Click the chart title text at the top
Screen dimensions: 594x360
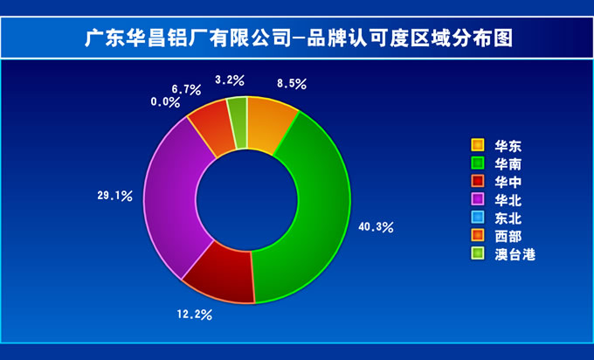tap(299, 38)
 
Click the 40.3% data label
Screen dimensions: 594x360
tap(376, 227)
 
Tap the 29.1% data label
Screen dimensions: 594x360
tap(114, 196)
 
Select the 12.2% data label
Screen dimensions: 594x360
tap(194, 315)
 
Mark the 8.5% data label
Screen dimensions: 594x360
tap(291, 83)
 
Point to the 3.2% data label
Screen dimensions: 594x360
tap(230, 80)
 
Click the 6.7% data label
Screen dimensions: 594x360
tap(186, 89)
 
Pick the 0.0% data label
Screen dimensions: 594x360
tap(165, 102)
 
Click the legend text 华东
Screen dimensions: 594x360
tap(508, 146)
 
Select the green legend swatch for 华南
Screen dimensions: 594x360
tap(478, 163)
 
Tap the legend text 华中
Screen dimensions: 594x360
tap(508, 183)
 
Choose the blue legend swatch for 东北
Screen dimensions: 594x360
tap(478, 218)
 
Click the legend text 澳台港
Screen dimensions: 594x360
tap(515, 254)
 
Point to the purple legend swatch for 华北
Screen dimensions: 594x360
tap(478, 199)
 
